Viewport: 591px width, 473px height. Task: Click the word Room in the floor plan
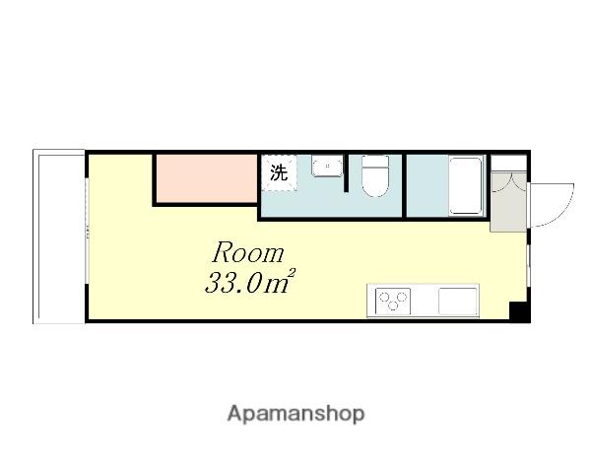tap(247, 252)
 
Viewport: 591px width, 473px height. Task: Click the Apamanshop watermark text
tap(295, 414)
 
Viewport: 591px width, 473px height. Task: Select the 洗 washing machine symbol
tap(279, 173)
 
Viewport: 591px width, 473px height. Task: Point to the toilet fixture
tap(374, 175)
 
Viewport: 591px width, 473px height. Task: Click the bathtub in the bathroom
tap(466, 186)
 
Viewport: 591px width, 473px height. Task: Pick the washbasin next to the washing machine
tap(327, 166)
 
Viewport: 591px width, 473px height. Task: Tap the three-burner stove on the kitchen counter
tap(393, 301)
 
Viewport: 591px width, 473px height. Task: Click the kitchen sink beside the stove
tap(458, 301)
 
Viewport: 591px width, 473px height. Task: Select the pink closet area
tap(207, 178)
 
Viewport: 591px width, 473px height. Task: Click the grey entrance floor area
tap(508, 202)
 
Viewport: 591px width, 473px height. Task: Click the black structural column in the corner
tap(519, 311)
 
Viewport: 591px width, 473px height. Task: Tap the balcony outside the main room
tap(59, 236)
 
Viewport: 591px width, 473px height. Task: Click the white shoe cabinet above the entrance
tap(508, 163)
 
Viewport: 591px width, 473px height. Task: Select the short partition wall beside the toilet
tap(346, 172)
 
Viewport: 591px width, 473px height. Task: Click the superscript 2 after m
tap(293, 273)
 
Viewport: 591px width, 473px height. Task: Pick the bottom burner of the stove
tap(393, 306)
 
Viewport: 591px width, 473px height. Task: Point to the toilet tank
tap(375, 162)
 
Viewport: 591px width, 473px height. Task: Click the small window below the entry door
tap(529, 264)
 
